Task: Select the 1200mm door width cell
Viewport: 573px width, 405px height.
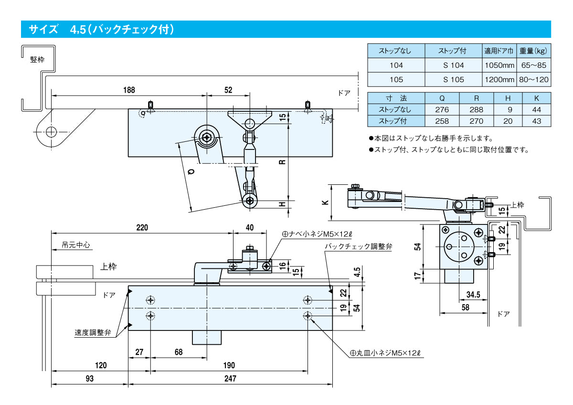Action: (x=499, y=80)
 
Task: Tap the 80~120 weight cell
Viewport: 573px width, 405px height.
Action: (x=534, y=80)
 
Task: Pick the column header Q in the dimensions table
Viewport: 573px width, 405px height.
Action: (x=442, y=98)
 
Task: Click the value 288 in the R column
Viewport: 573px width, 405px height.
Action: (x=476, y=109)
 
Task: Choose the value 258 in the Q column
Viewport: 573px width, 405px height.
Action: (x=442, y=121)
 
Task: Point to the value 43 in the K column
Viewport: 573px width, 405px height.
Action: (x=536, y=121)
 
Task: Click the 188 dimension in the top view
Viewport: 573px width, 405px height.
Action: (x=129, y=90)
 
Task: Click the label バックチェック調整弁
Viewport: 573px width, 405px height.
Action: (x=358, y=246)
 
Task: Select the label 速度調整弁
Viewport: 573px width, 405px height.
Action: (x=93, y=333)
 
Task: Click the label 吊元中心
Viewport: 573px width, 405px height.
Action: (x=76, y=245)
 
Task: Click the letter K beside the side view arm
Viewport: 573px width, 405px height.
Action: (x=325, y=202)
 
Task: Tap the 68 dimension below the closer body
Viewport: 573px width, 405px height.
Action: (x=179, y=352)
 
